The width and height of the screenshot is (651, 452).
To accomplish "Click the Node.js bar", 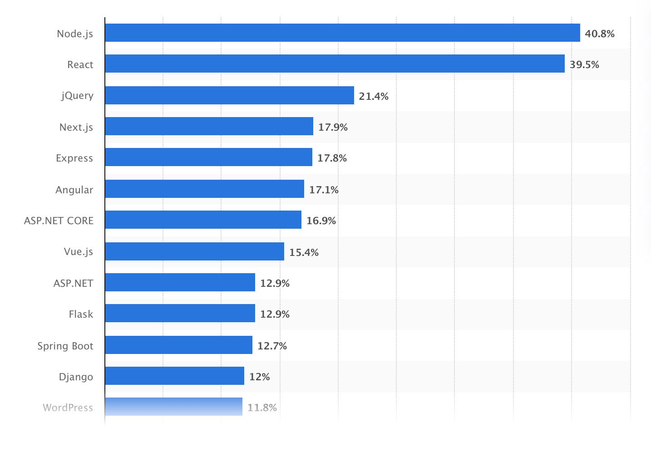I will pos(342,33).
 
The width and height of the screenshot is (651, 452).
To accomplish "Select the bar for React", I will pos(335,64).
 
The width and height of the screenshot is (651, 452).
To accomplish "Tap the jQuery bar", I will pos(229,95).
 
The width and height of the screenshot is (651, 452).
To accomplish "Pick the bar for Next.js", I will pos(209,126).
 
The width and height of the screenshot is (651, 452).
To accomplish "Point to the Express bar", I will pos(208,157).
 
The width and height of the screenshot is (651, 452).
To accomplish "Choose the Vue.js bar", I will pos(194,251).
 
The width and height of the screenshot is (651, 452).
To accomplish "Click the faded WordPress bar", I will pos(173,407).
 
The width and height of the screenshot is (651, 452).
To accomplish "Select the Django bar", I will pos(174,376).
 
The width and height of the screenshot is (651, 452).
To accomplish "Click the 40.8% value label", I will pos(599,34).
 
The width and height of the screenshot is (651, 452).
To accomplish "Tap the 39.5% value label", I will pos(584,65).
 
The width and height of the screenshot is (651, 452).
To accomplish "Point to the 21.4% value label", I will pos(374,96).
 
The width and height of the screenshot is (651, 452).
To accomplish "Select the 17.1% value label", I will pos(324,190).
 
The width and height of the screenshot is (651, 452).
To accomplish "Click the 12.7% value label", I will pos(272,346).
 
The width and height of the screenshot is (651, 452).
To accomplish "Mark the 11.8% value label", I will pos(262,408).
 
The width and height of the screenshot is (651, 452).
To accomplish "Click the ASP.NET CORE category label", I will pos(59,221).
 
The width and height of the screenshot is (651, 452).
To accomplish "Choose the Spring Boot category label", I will pos(65,346).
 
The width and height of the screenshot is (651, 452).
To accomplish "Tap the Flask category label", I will pos(81,314).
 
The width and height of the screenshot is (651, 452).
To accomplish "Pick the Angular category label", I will pos(74,190).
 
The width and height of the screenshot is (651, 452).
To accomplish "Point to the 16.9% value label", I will pos(321,221).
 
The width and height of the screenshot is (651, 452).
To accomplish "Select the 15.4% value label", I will pos(304,252).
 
